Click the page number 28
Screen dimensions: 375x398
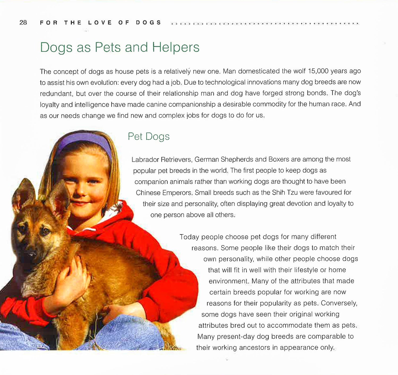(x=23, y=23)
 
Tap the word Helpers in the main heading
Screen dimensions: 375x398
(x=176, y=48)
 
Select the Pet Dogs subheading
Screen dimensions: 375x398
(x=149, y=137)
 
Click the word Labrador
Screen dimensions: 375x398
(x=145, y=160)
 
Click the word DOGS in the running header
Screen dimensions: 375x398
(x=148, y=23)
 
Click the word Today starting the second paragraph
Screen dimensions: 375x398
(x=189, y=237)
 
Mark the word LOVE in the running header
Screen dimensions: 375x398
(x=100, y=23)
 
